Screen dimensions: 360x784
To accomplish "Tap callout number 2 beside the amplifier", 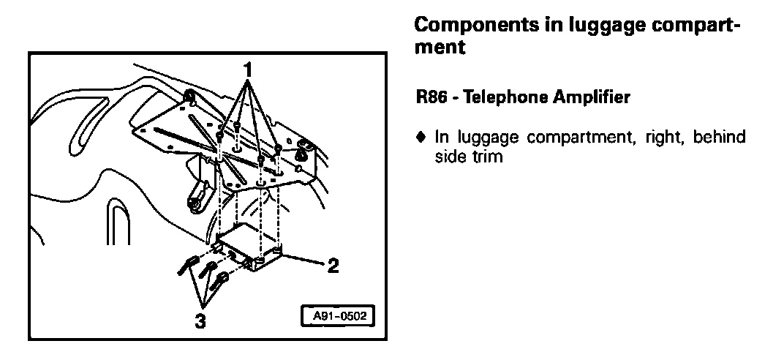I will click(x=332, y=266).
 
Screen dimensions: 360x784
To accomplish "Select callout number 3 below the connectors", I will click(x=200, y=320).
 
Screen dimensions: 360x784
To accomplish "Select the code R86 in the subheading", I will click(x=429, y=97).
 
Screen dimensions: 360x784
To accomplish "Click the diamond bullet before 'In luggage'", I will click(x=419, y=136).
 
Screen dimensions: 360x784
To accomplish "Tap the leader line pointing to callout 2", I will click(x=306, y=261).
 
